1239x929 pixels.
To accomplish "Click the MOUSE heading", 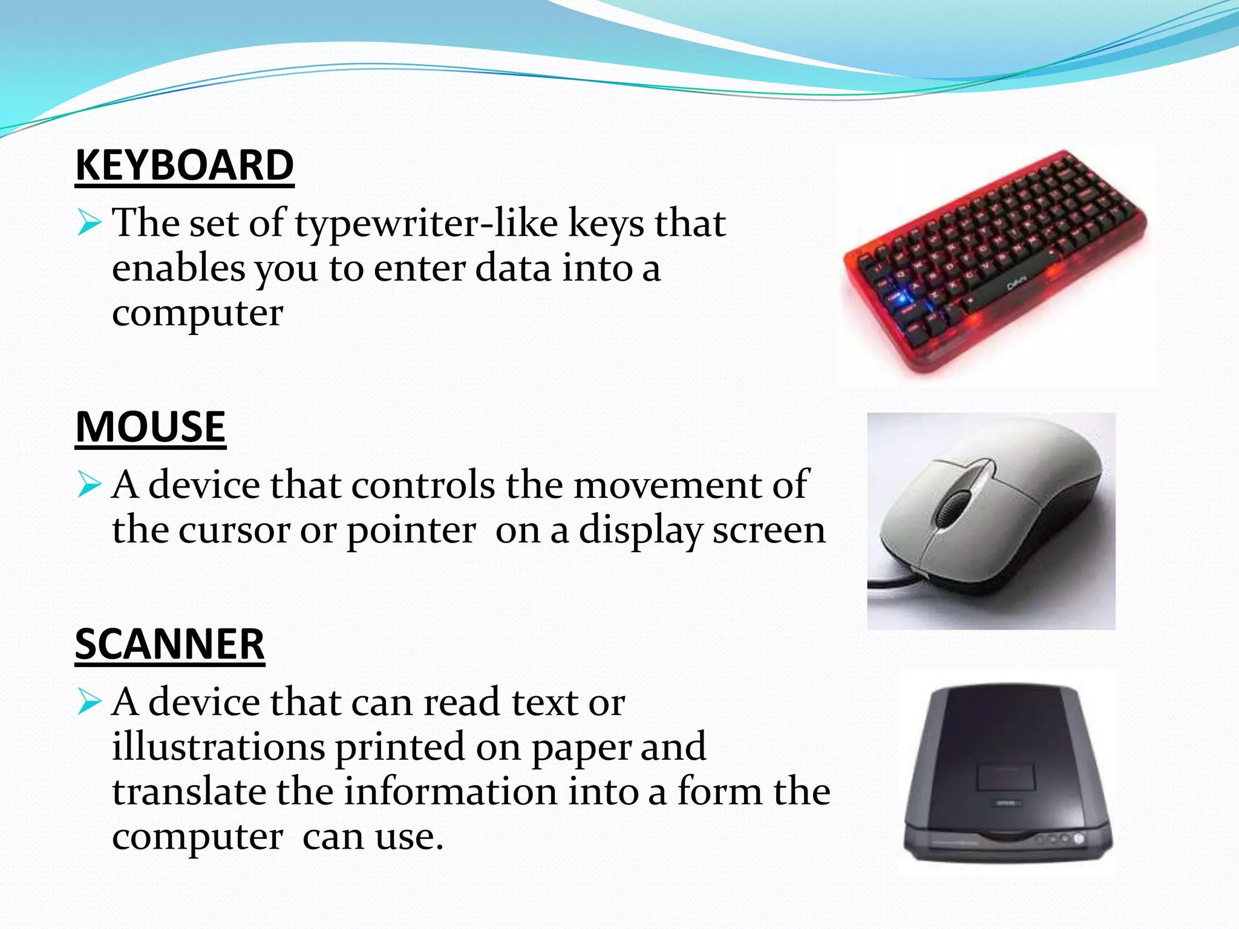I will [x=151, y=427].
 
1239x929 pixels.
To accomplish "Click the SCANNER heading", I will [x=170, y=644].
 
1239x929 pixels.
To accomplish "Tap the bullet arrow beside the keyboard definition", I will [x=89, y=223].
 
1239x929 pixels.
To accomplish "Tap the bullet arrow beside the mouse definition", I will [x=89, y=484].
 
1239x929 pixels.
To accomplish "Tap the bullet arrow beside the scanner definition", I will [x=89, y=702].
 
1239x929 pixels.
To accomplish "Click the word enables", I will [x=178, y=269].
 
